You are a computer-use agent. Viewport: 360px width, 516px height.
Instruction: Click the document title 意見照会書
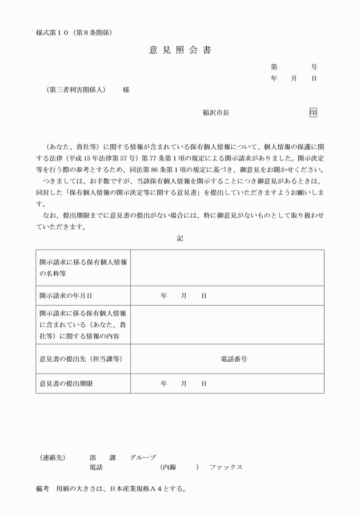(x=180, y=50)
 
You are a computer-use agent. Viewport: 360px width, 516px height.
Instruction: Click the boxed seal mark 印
(x=313, y=113)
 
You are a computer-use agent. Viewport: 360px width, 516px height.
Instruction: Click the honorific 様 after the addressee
(x=126, y=90)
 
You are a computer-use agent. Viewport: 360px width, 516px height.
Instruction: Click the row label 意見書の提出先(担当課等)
(x=81, y=359)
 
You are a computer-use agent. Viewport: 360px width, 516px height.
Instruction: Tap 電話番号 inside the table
(x=234, y=359)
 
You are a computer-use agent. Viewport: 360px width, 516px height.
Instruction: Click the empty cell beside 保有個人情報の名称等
(x=227, y=267)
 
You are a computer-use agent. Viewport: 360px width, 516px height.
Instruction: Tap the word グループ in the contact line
(x=142, y=457)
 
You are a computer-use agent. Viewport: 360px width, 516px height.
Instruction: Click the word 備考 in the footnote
(x=42, y=489)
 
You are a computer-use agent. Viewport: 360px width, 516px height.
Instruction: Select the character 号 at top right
(x=314, y=67)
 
